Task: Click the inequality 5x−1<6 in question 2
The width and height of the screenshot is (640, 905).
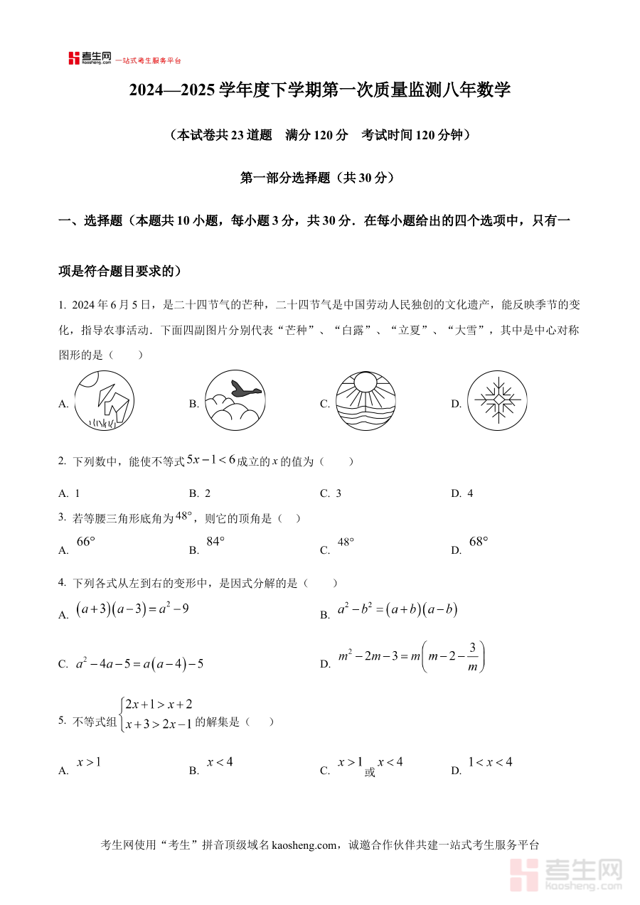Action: click(210, 460)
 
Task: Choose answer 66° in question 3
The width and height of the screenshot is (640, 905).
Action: click(85, 542)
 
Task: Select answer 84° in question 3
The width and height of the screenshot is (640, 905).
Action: click(215, 542)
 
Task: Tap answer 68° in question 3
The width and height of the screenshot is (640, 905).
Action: click(479, 542)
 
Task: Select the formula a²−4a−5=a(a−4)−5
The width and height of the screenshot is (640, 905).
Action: click(140, 664)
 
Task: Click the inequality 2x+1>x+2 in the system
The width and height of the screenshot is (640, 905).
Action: click(158, 705)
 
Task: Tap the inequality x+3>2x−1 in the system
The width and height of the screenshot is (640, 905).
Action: click(158, 724)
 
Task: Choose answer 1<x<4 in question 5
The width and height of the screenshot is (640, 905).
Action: click(490, 763)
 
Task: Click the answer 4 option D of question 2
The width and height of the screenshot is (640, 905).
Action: click(470, 493)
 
